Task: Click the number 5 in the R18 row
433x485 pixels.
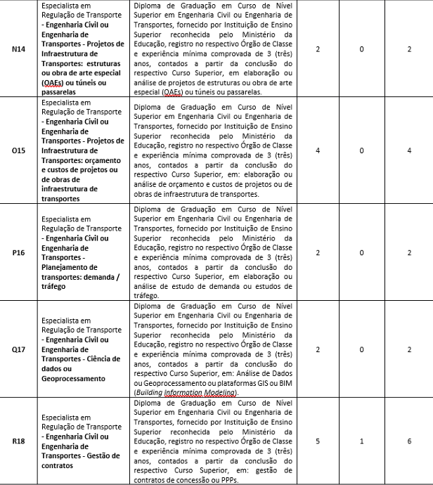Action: pyautogui.click(x=318, y=441)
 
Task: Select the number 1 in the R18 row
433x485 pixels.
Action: pyautogui.click(x=361, y=441)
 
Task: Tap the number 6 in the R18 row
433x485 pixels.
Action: pyautogui.click(x=408, y=441)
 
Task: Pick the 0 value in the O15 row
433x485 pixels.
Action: pyautogui.click(x=361, y=150)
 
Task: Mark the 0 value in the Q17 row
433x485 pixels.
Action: pyautogui.click(x=361, y=349)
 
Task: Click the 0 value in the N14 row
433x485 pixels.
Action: pyautogui.click(x=361, y=50)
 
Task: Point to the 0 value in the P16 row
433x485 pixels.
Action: pyautogui.click(x=361, y=251)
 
